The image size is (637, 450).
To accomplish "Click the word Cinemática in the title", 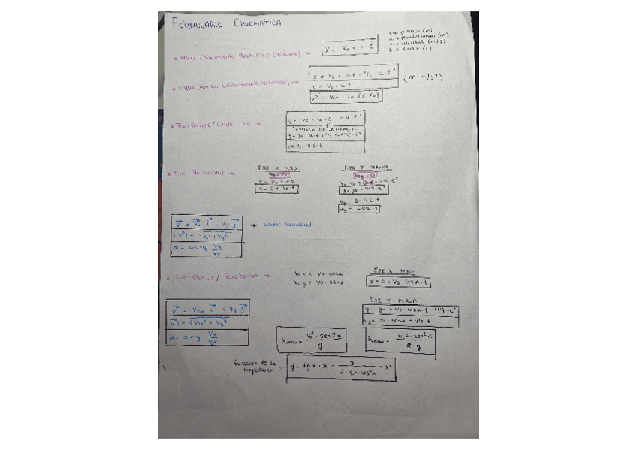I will (257, 23).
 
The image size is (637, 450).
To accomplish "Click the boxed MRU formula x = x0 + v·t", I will (349, 50).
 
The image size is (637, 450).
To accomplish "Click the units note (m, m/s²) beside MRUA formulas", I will (422, 77).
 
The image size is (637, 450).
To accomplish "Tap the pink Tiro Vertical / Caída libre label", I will (213, 125).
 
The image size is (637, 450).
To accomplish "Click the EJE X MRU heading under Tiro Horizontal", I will (277, 168).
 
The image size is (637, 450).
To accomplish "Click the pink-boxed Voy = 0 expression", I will (364, 174).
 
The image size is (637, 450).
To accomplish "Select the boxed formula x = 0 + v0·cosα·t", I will (399, 282).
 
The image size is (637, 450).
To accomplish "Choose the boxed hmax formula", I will (400, 341).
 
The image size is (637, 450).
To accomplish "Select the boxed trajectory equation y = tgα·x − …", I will (341, 368).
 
